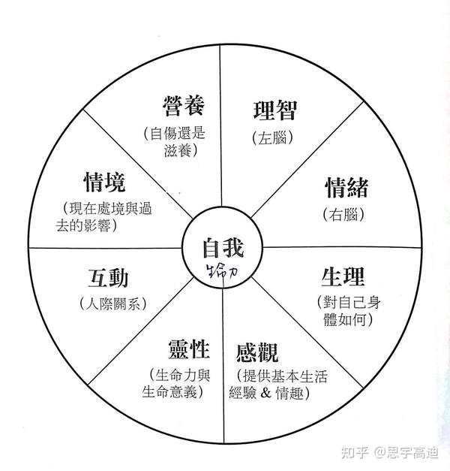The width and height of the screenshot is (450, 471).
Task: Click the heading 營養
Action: [184, 106]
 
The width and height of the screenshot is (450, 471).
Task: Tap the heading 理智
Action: [275, 110]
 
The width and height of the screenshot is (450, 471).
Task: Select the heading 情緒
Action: [346, 187]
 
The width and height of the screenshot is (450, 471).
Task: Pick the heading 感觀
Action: [259, 351]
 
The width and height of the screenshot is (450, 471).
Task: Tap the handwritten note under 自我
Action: [223, 267]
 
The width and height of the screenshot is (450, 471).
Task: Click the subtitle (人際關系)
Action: [112, 304]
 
